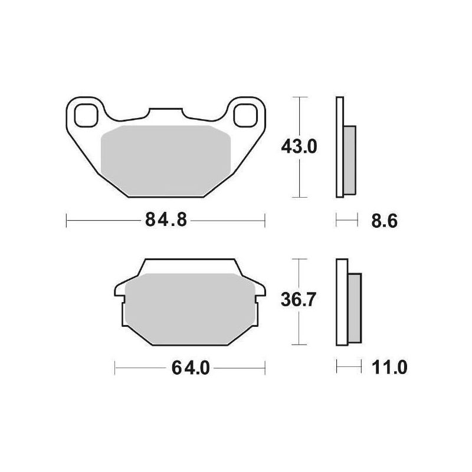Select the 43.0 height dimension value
(x=299, y=146)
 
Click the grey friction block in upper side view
(x=349, y=160)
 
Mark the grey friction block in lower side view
(x=355, y=309)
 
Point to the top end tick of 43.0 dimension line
(x=301, y=96)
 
